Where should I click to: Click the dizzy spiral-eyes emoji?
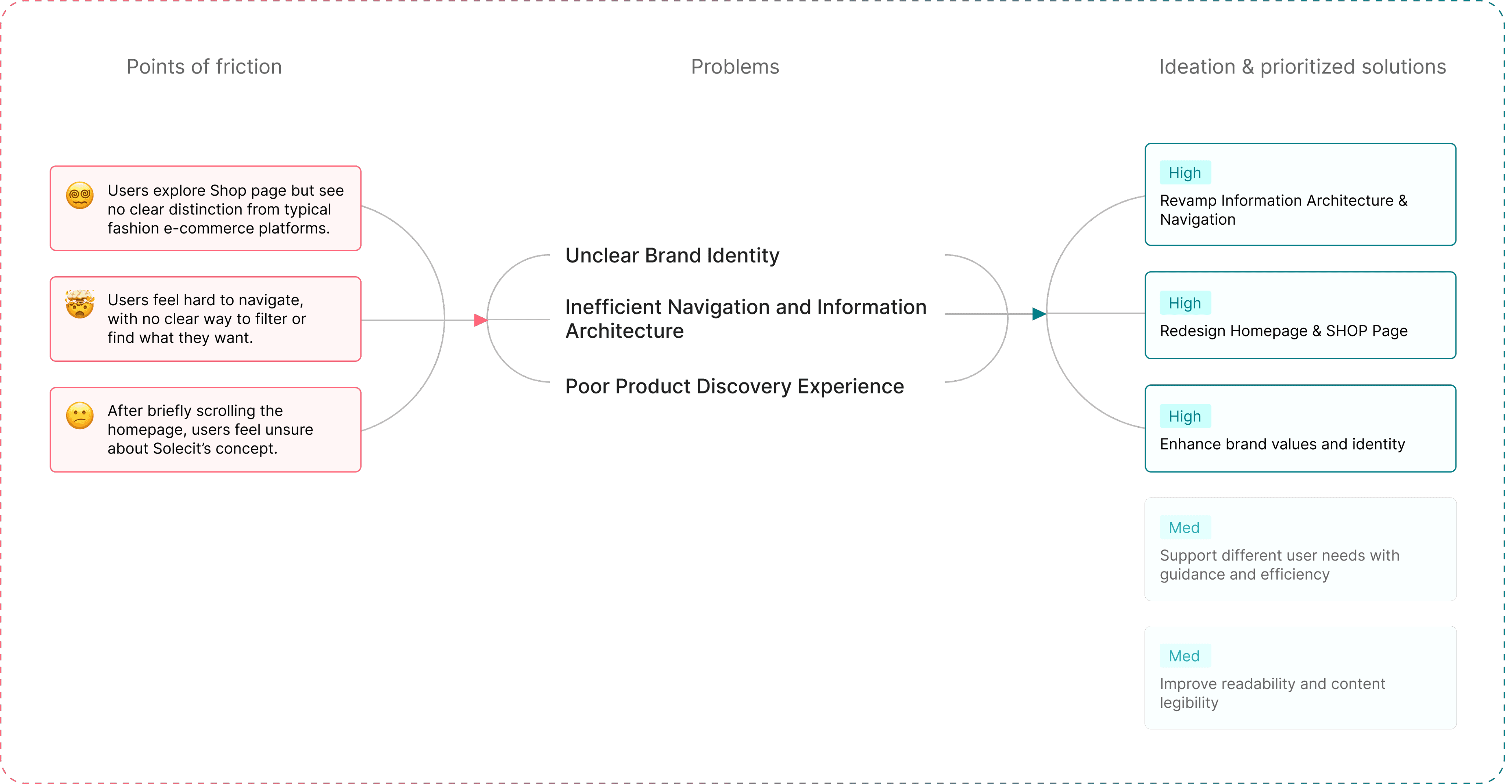[x=80, y=195]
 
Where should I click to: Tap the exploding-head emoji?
[x=80, y=304]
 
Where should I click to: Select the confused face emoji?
[x=80, y=416]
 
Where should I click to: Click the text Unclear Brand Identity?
[x=672, y=256]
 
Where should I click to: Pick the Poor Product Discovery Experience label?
[x=734, y=386]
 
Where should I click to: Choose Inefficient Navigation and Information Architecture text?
[x=746, y=318]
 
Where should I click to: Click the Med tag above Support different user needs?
[x=1184, y=527]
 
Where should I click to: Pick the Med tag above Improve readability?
[x=1184, y=656]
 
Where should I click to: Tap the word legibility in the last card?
[x=1189, y=703]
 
